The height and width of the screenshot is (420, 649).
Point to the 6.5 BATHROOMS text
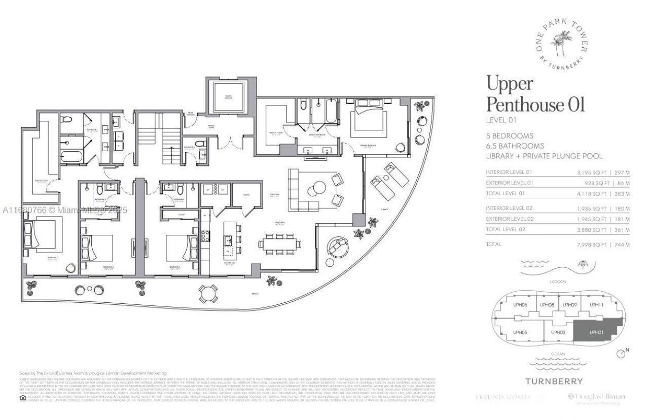[x=513, y=146]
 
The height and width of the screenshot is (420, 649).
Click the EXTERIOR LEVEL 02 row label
[x=510, y=219]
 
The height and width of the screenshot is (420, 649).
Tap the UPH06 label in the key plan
[x=520, y=305]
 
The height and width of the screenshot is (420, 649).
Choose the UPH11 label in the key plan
[x=596, y=305]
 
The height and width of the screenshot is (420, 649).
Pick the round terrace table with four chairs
[x=208, y=293]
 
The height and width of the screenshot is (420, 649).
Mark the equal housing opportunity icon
[x=22, y=398]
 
